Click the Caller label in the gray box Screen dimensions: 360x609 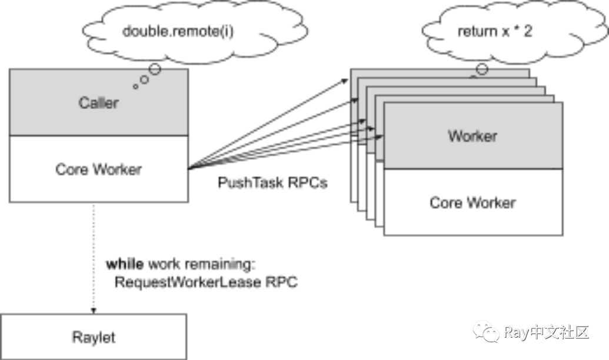click(98, 103)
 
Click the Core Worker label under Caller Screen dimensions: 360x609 click(98, 169)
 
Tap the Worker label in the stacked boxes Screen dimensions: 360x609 click(472, 136)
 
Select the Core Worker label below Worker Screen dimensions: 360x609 click(472, 203)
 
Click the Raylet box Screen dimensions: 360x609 click(94, 338)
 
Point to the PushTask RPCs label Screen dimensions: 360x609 click(272, 184)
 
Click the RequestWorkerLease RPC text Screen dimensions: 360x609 click(206, 282)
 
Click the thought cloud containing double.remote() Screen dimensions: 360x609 click(177, 33)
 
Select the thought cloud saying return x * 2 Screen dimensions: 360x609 click(494, 33)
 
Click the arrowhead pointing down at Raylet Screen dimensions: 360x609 click(93, 308)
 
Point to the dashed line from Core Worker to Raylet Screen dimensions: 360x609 click(93, 253)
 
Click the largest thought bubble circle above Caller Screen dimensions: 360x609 click(154, 69)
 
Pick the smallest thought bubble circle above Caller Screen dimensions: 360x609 click(136, 86)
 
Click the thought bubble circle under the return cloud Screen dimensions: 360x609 click(481, 69)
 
